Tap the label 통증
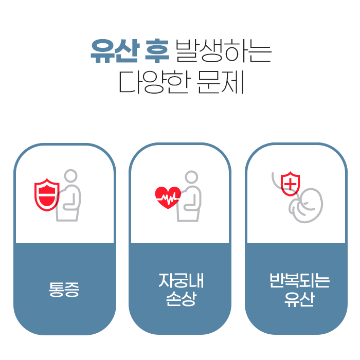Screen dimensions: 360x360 click(x=64, y=290)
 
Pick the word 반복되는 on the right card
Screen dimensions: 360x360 click(x=298, y=281)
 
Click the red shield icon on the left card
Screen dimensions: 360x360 click(x=47, y=194)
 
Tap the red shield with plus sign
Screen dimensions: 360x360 click(x=291, y=183)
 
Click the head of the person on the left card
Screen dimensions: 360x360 click(x=71, y=176)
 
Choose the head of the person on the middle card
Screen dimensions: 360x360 click(x=191, y=177)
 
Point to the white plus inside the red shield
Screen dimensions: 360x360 click(x=291, y=183)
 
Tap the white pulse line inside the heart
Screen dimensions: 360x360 click(x=168, y=197)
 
